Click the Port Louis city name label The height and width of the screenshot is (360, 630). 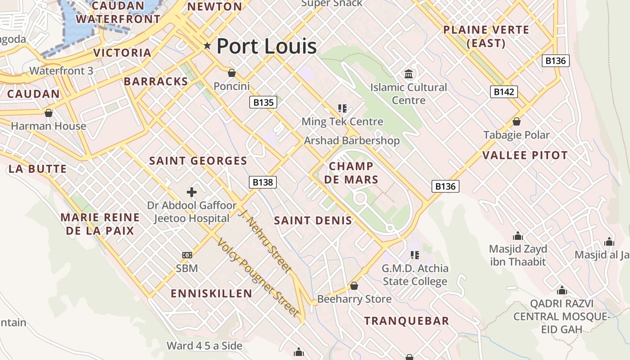(x=266, y=46)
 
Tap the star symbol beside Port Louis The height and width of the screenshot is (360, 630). (x=207, y=45)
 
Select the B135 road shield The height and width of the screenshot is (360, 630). (x=263, y=102)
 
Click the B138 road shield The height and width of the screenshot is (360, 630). (x=263, y=182)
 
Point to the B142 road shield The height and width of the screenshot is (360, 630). (x=504, y=92)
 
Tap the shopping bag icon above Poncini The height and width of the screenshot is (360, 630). (x=232, y=72)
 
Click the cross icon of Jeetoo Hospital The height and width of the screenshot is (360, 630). (x=192, y=192)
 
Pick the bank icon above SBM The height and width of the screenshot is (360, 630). (x=187, y=255)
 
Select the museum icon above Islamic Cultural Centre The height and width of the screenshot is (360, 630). (x=409, y=74)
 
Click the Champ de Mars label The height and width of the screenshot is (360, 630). (x=351, y=173)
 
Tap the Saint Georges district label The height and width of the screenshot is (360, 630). (x=198, y=161)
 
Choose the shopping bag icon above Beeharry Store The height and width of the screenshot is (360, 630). (x=354, y=286)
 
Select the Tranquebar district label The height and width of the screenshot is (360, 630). (x=406, y=321)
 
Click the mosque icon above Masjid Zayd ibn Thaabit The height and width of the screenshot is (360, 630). (x=518, y=236)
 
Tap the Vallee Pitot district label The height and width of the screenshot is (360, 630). (x=525, y=155)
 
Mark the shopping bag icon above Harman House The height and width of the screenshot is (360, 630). (x=49, y=112)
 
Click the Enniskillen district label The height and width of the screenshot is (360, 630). (x=211, y=294)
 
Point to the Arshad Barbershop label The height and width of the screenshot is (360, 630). (x=351, y=140)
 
